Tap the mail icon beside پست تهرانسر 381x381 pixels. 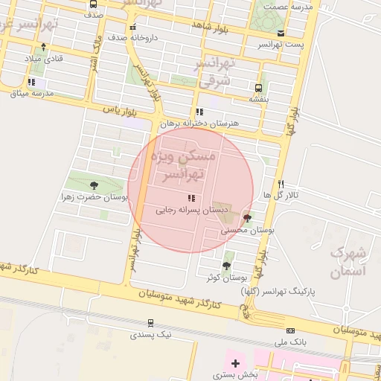coord(281,33)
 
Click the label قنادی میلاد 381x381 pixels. coord(44,58)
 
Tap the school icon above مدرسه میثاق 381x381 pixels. coord(31,82)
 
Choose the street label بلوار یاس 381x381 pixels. coord(122,110)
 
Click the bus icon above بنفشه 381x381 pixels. coord(259,87)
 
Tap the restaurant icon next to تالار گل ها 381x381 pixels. coord(281,184)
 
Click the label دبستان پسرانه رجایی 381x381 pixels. coord(186,211)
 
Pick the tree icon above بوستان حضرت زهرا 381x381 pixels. coord(94,186)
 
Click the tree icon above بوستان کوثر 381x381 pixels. coord(226,265)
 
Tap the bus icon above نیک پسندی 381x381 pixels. coord(151,323)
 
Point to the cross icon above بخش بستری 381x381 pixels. coord(236,363)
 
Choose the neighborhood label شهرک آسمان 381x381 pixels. coord(346,261)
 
